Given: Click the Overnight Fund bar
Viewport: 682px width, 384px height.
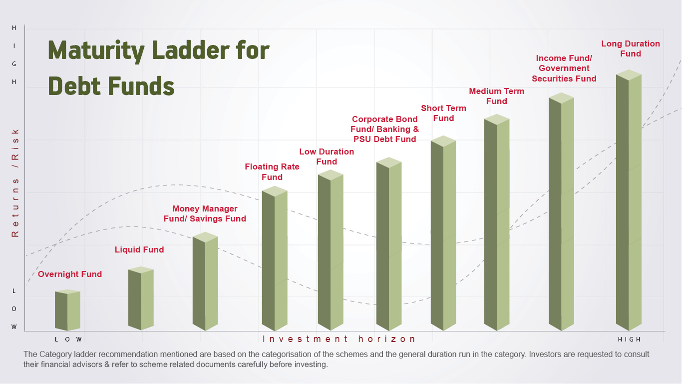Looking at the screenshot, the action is point(67,310).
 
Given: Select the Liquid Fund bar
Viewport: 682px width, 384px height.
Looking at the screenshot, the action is point(141,298).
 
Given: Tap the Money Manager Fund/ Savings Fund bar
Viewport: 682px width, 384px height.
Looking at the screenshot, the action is point(205,281).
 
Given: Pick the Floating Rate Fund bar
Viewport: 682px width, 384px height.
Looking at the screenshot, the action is point(275,258).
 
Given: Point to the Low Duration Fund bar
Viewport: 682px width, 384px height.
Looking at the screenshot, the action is point(331,250).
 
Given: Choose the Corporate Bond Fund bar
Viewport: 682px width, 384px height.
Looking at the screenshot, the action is point(389,244).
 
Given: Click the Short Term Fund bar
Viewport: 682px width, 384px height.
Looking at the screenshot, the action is point(443,233).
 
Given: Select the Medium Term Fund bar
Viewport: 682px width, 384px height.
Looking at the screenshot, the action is point(497,222).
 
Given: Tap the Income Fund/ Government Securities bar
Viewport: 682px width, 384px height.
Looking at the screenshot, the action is point(562,211).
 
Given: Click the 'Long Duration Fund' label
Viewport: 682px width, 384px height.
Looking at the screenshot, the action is point(631,48).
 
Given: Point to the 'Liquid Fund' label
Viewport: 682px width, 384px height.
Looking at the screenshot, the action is point(139,249).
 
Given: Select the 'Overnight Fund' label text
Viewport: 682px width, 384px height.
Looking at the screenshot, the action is point(70,274).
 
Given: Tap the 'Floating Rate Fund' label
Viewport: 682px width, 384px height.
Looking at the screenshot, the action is point(272,171).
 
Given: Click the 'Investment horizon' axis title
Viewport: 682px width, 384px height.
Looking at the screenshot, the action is point(339,339).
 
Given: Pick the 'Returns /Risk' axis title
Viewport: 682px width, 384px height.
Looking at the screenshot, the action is point(15,183).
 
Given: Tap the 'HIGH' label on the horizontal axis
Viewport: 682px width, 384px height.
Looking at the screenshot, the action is point(630,339).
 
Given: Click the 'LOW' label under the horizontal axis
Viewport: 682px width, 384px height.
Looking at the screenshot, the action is point(68,339).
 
